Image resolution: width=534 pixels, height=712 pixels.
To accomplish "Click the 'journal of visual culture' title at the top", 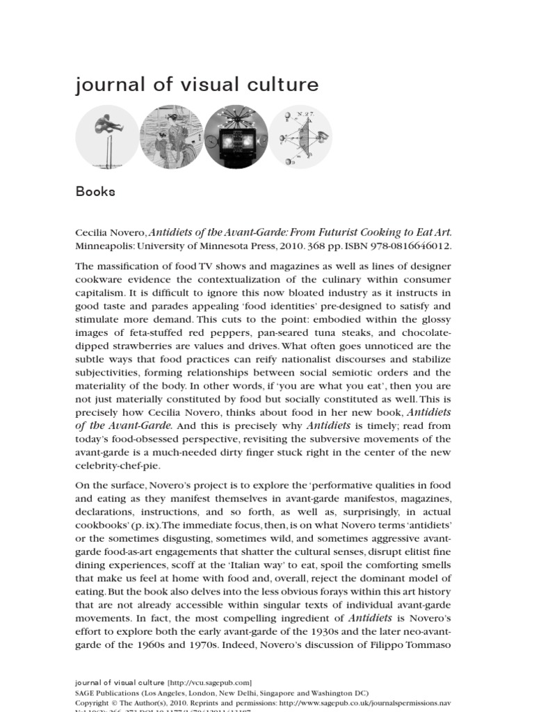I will click(x=197, y=85).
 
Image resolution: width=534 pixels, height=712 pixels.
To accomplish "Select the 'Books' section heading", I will click(x=95, y=192).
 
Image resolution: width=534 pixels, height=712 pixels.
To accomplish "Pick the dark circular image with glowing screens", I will click(x=236, y=138).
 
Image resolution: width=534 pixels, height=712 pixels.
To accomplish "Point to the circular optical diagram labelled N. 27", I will click(x=300, y=138).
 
